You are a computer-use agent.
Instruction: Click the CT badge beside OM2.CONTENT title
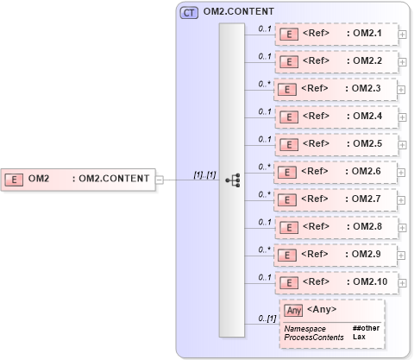188,12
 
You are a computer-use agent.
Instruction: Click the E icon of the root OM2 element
15,180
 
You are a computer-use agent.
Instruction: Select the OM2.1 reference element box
335,35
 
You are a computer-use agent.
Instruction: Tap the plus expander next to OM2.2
402,63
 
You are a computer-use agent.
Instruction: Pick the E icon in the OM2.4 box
291,117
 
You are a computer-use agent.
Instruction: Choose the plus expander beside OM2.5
402,145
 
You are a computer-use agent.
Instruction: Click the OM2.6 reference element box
335,171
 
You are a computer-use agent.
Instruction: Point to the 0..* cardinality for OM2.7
265,193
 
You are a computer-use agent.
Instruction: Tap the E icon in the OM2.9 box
291,255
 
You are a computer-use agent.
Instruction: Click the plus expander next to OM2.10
402,282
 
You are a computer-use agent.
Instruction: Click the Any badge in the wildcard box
294,310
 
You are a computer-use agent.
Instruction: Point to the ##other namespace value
366,328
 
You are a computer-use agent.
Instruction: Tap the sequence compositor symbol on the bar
232,180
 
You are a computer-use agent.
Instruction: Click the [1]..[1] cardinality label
204,175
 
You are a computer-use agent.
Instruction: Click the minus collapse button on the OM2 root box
160,180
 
